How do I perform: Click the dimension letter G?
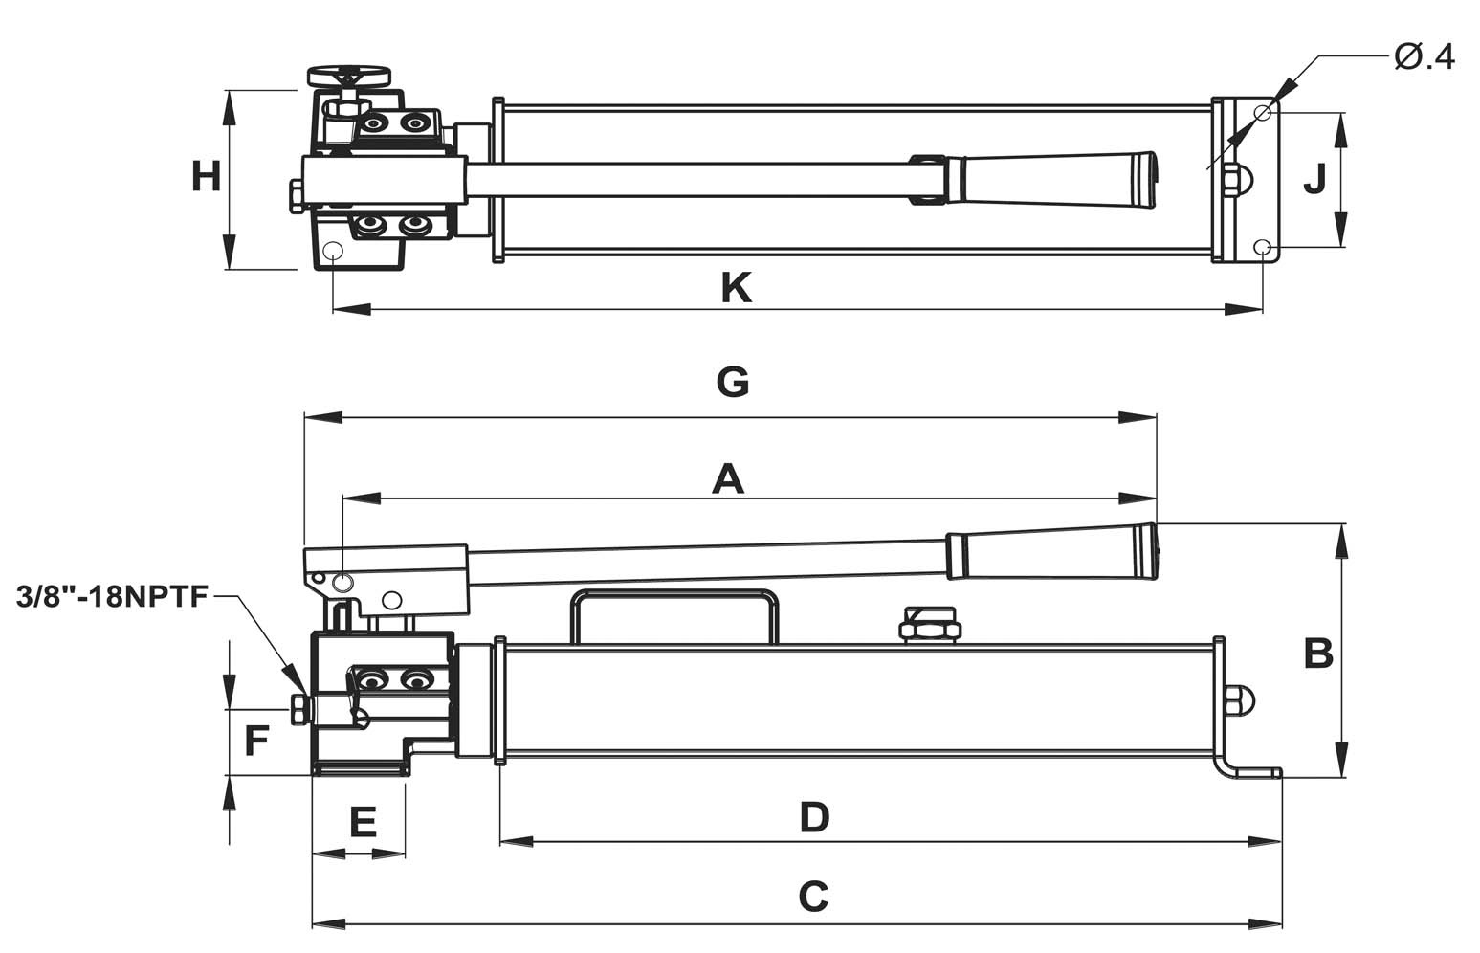point(733,383)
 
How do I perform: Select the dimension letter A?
point(728,479)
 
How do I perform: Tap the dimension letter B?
point(1318,653)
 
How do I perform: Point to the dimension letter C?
point(813,897)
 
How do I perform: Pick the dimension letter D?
point(814,817)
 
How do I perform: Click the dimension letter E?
point(363,822)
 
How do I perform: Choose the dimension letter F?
point(256,741)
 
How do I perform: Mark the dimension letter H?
point(206,177)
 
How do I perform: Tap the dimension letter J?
point(1314,179)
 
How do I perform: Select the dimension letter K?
point(736,288)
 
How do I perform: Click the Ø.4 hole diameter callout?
point(1425,58)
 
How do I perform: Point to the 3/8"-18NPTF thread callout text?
point(112,597)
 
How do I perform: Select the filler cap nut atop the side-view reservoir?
point(930,623)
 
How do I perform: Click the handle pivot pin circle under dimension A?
point(342,583)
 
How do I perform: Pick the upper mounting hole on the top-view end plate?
point(1263,112)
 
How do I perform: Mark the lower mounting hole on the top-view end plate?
point(1263,247)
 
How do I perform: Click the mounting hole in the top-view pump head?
point(332,251)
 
